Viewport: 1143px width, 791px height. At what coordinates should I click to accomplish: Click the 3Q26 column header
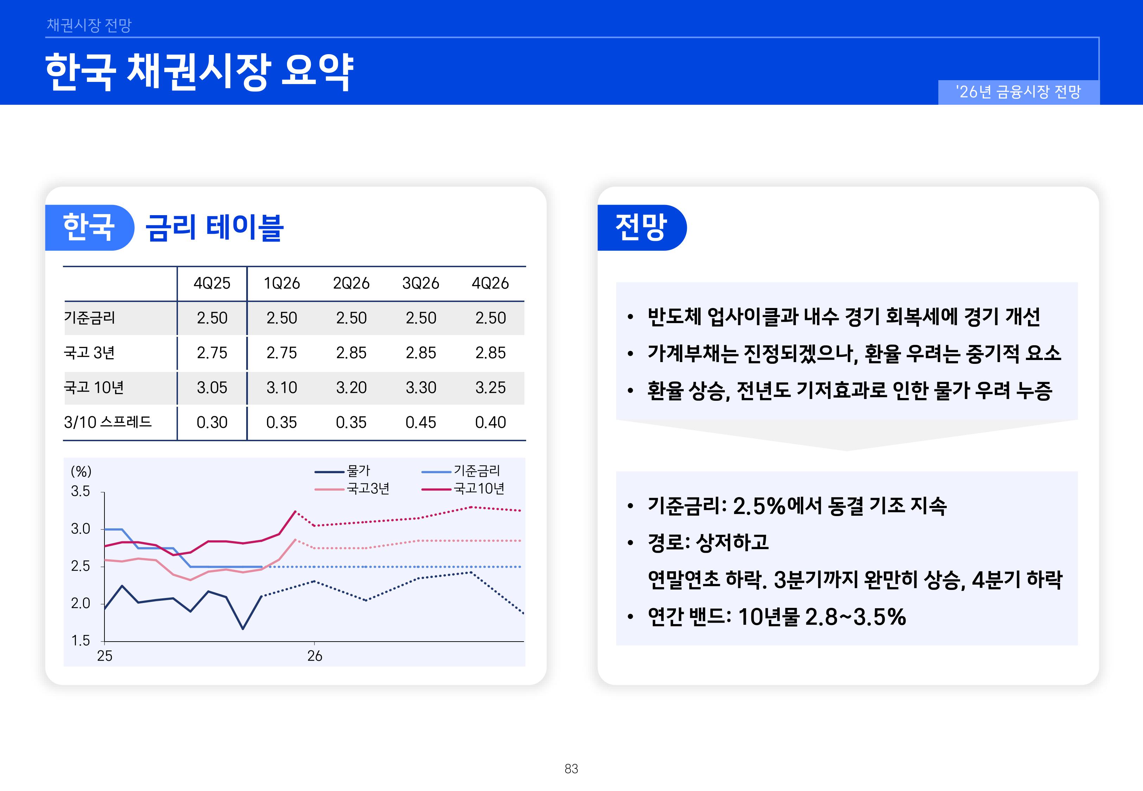tap(420, 283)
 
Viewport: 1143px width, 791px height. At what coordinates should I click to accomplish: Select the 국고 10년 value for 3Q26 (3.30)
tap(420, 387)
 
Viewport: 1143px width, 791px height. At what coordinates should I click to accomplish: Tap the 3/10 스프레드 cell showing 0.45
tap(420, 422)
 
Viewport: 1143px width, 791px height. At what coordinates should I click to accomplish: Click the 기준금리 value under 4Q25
tap(212, 318)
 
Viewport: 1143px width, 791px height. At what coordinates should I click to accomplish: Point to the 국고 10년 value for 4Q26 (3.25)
tap(490, 387)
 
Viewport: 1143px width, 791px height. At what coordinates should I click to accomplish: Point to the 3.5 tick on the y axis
tap(80, 491)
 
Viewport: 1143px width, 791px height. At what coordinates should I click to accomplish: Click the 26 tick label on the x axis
tap(315, 656)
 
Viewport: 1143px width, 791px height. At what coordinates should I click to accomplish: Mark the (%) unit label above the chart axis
tap(81, 471)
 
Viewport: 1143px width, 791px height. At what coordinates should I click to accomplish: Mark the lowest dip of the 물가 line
tap(243, 629)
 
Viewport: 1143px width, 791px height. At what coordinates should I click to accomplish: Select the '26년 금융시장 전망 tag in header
tap(1018, 92)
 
